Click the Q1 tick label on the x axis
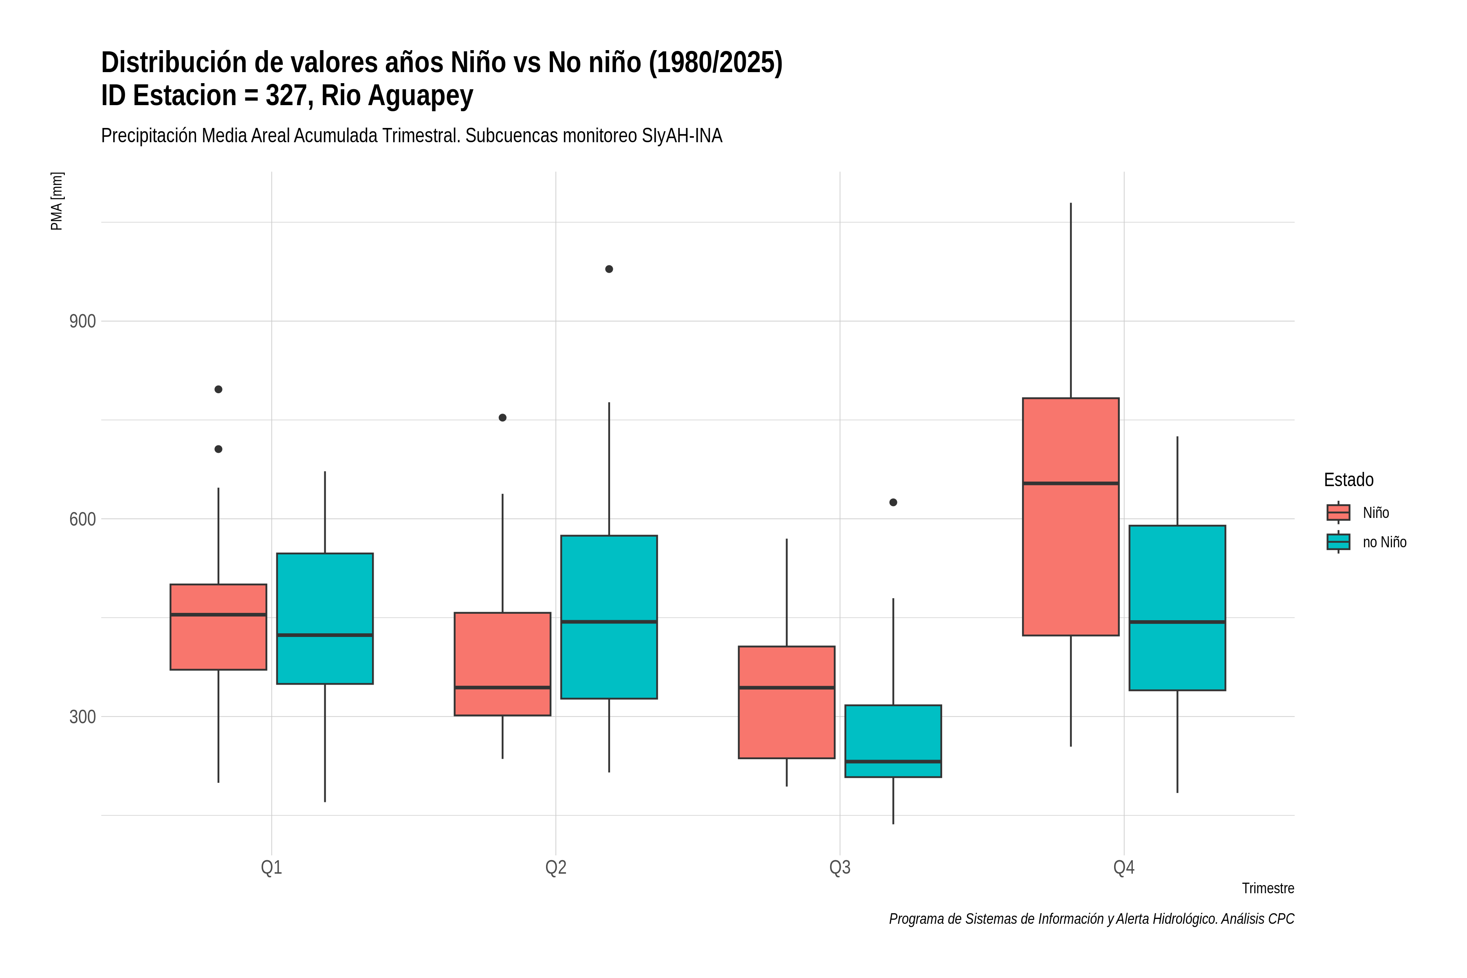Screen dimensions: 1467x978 [x=271, y=868]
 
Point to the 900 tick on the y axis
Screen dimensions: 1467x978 [x=82, y=322]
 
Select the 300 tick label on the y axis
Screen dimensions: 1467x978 [x=82, y=717]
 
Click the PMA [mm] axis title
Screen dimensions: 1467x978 [x=57, y=201]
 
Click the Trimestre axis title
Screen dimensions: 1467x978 [x=1268, y=888]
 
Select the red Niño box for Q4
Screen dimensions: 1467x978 [x=1071, y=516]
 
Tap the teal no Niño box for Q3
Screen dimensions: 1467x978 [x=893, y=741]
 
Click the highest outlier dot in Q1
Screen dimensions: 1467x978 [x=218, y=389]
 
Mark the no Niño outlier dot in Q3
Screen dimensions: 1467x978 [x=893, y=502]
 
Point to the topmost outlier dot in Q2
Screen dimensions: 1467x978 [x=609, y=269]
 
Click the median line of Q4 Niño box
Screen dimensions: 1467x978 [x=1071, y=483]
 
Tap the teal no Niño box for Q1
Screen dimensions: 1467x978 [x=325, y=619]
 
